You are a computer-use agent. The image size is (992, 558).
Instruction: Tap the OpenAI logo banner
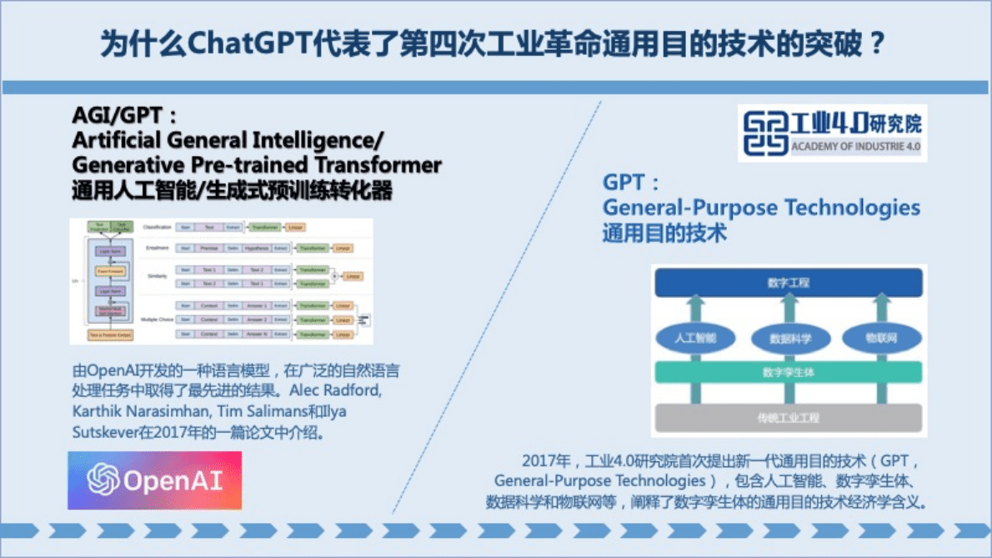[x=155, y=480]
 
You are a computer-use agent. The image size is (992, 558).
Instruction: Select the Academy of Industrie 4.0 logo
[x=832, y=133]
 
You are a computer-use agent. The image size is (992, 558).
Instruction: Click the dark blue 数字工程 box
[x=789, y=283]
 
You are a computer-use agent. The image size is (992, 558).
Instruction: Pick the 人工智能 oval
[x=695, y=338]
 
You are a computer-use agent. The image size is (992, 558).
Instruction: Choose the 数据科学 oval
[x=789, y=339]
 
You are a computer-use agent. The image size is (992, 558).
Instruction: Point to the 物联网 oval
[x=880, y=338]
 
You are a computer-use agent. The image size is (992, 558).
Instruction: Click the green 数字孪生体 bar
[x=789, y=372]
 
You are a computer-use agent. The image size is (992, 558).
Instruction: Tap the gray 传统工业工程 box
[x=789, y=417]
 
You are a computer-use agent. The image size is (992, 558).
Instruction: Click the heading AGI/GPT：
[x=125, y=115]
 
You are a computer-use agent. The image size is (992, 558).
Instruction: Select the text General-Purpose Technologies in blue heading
[x=761, y=207]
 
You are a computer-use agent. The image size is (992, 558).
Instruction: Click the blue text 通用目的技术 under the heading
[x=664, y=233]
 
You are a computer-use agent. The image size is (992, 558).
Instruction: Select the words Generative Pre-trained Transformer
[x=257, y=164]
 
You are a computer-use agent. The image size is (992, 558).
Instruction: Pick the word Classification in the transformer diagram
[x=157, y=227]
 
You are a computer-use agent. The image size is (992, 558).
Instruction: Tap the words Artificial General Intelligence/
[x=228, y=138]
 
